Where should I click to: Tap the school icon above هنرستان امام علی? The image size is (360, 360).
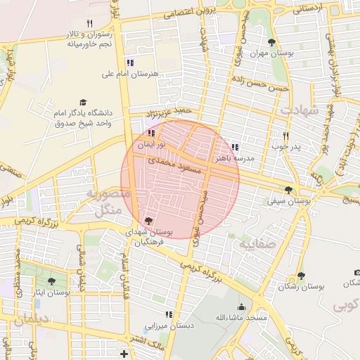coord(129,63)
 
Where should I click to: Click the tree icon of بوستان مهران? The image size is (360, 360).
coord(271,43)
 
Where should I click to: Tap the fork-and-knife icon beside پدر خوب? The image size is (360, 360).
coord(285,136)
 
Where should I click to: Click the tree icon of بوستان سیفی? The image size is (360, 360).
coord(288,188)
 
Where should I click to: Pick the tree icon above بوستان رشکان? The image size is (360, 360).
coord(301,276)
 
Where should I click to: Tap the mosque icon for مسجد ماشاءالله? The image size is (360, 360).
coord(242,307)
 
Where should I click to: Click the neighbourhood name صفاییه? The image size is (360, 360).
coord(253,245)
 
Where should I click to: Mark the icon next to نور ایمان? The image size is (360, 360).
coord(150,132)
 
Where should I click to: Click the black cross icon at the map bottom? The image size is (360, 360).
coord(124,353)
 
